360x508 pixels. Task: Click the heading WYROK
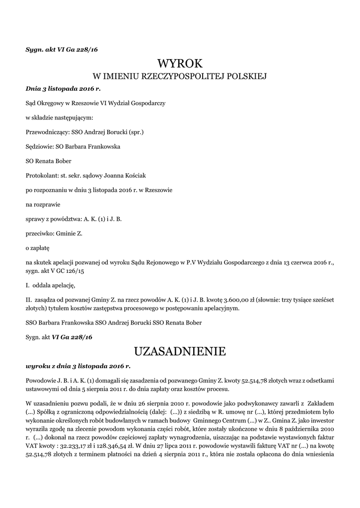tap(180, 63)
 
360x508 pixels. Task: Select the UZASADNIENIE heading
tap(180, 352)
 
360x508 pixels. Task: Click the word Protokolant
tap(41, 175)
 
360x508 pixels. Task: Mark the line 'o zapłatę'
tap(38, 247)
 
